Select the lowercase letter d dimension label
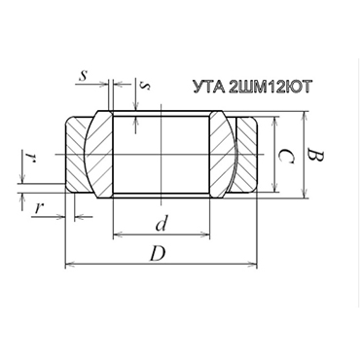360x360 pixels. pyautogui.click(x=162, y=222)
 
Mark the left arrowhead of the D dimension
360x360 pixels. pyautogui.click(x=69, y=264)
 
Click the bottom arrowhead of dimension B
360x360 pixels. pyautogui.click(x=303, y=193)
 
